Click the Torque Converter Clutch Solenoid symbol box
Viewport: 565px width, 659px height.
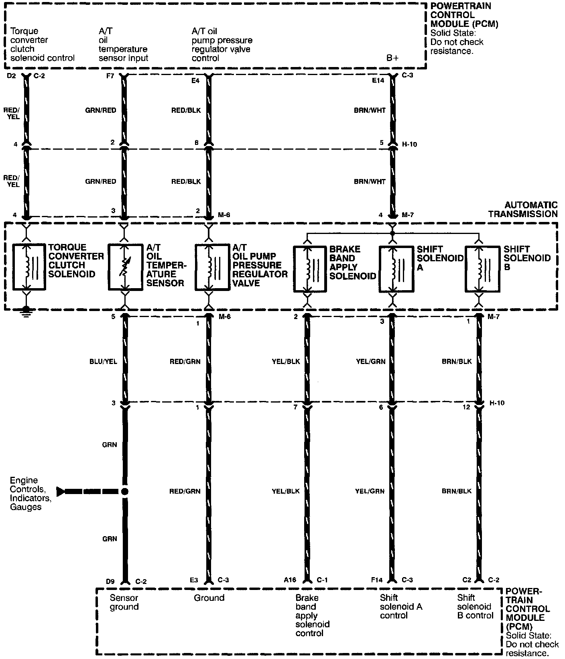(29, 266)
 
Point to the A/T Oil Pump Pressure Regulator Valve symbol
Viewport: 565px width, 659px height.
(212, 266)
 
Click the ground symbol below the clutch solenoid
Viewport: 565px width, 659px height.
(26, 312)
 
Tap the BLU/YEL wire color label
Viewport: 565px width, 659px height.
(104, 362)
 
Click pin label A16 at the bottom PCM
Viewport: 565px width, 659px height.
(290, 580)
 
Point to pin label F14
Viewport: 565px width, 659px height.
(377, 580)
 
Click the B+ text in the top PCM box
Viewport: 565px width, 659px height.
(392, 58)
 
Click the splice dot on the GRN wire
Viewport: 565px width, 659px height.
(125, 491)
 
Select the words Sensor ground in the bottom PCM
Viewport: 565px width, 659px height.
(124, 602)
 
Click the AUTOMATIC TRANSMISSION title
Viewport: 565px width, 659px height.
(523, 209)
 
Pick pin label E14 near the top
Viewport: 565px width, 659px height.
(378, 80)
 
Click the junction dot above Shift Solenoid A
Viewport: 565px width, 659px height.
(392, 233)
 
